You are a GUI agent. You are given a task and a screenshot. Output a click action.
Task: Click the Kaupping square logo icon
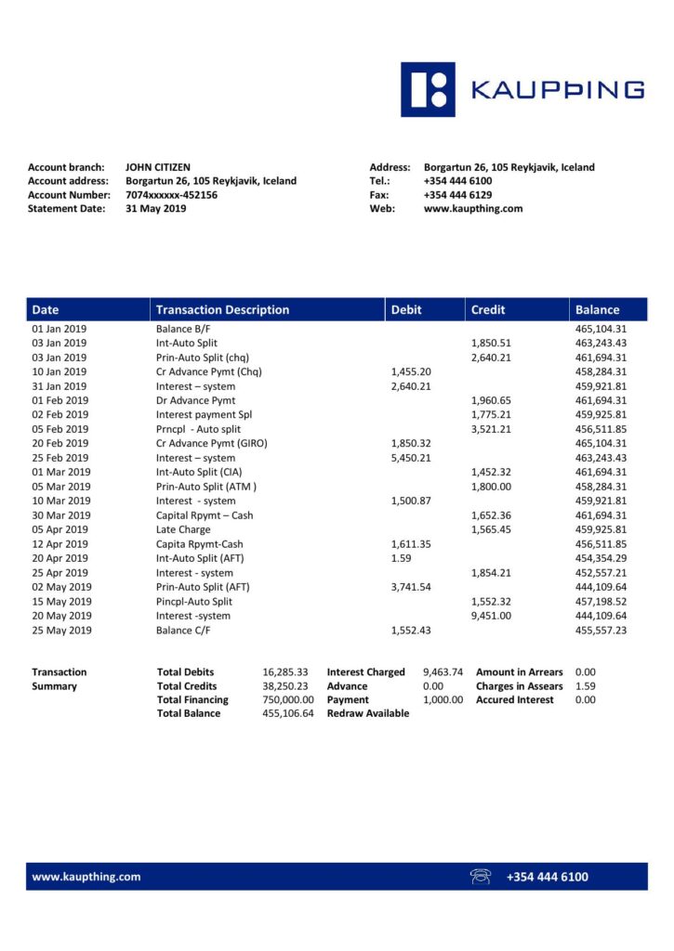(428, 89)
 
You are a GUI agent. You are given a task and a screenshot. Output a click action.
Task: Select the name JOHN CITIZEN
(158, 167)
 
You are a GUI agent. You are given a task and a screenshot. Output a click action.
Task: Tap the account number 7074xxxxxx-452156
(172, 195)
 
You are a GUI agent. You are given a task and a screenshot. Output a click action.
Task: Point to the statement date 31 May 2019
(156, 209)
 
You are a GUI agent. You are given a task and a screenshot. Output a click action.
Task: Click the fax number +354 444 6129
(457, 195)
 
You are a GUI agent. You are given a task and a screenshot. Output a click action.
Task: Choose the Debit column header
(406, 310)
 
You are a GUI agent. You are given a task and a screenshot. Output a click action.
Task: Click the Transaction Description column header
(223, 310)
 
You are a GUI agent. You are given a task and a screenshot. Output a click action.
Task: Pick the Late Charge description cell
(182, 529)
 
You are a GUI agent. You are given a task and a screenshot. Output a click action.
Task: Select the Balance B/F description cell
(185, 329)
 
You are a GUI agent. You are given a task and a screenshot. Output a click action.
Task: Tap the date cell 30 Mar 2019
(59, 515)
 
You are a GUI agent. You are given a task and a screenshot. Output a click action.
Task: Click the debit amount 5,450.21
(411, 458)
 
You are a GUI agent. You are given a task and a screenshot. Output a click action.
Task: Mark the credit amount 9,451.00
(491, 616)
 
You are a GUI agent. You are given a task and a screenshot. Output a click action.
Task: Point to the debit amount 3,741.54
(411, 587)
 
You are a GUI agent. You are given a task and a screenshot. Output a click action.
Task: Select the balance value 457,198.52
(600, 602)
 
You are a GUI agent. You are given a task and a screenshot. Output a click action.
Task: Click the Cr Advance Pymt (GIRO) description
(212, 444)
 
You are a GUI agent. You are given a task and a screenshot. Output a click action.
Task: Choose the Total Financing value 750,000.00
(288, 700)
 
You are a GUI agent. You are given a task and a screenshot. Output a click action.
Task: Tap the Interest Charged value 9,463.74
(443, 672)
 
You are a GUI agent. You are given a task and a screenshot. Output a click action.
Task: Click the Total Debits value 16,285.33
(285, 672)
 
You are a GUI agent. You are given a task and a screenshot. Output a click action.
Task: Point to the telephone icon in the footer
(481, 877)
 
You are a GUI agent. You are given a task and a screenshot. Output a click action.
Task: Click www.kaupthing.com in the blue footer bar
(86, 877)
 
